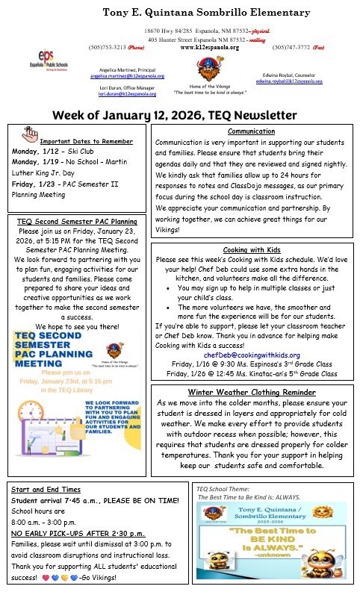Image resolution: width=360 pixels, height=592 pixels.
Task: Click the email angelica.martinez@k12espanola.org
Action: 128,76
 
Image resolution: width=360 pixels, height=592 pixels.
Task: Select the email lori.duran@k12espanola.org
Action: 134,94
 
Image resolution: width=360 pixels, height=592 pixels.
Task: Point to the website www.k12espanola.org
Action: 210,47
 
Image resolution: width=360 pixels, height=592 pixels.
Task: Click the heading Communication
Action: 251,131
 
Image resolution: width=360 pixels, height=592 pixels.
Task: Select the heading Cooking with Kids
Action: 252,249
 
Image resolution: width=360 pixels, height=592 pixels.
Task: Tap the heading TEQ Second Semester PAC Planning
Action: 77,222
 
